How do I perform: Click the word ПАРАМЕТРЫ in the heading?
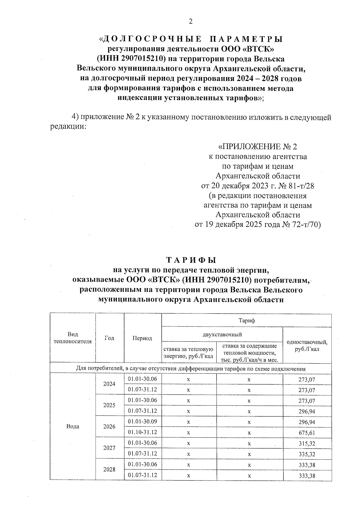(x=246, y=39)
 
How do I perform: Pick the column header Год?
(x=109, y=338)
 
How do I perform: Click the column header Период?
(x=142, y=338)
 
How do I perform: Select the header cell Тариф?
(x=247, y=321)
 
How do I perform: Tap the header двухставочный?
(x=222, y=334)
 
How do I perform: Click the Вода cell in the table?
(x=73, y=427)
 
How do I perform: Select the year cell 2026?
(x=109, y=427)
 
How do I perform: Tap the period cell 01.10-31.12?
(x=142, y=432)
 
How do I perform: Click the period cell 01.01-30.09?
(x=142, y=421)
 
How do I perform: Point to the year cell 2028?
(x=109, y=470)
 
